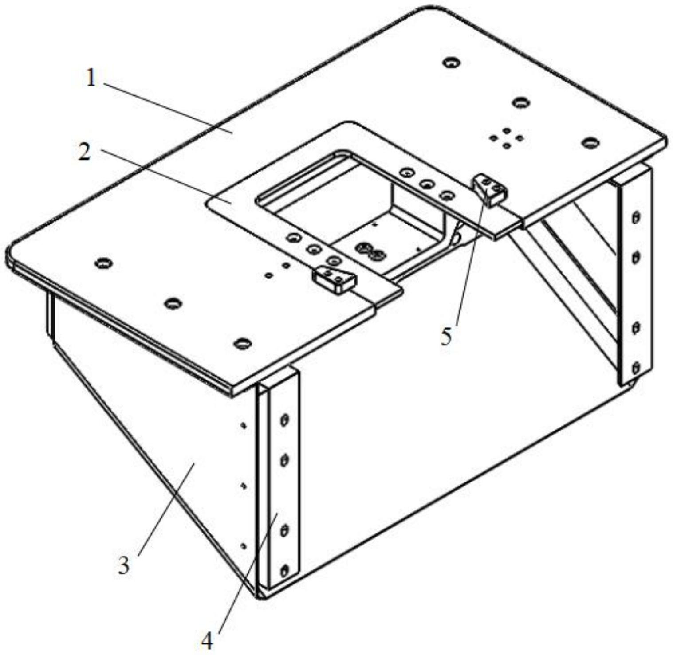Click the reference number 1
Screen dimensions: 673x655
(91, 79)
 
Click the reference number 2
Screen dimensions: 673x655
(84, 153)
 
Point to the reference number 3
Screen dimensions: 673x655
(124, 565)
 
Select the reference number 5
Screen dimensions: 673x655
(446, 337)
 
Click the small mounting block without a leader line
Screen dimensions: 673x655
(335, 279)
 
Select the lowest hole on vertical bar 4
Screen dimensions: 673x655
(284, 570)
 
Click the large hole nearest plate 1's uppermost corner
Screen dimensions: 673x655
(452, 62)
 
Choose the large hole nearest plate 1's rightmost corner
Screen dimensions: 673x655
(590, 143)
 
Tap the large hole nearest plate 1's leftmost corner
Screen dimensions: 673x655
(103, 263)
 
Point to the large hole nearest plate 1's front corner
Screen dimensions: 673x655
(243, 343)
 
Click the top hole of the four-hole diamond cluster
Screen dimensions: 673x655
(506, 131)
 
